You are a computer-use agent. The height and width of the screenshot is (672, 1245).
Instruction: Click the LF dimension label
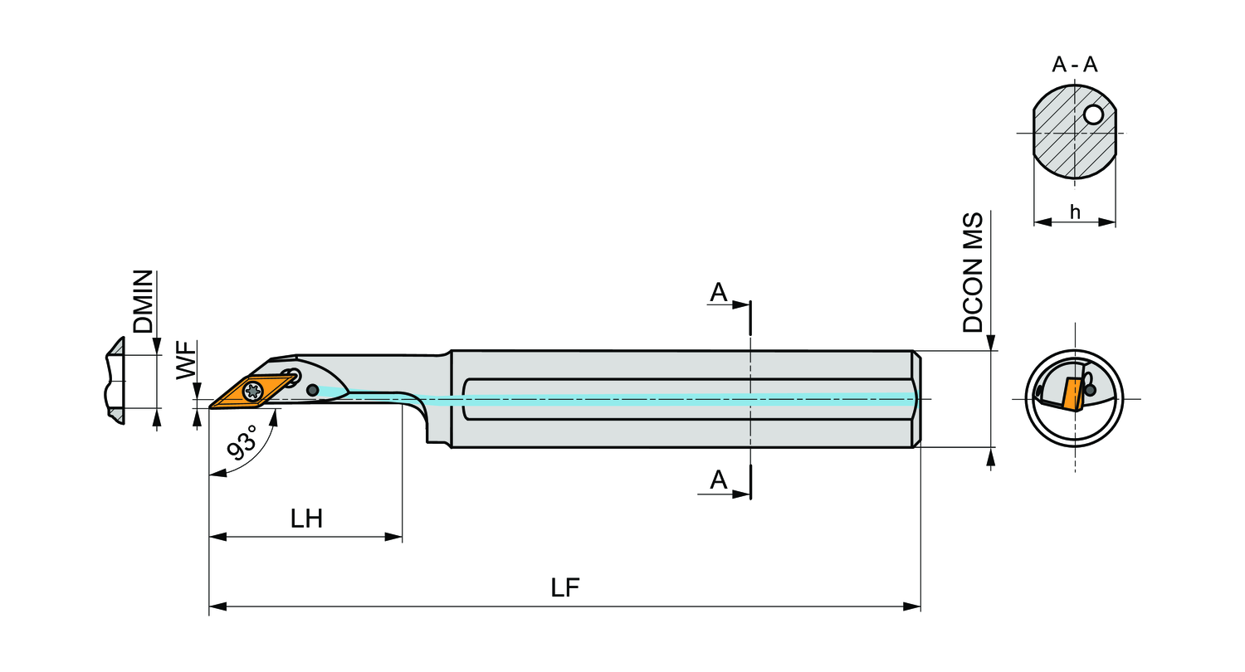tap(565, 587)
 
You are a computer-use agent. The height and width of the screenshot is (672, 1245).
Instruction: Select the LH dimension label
tap(306, 519)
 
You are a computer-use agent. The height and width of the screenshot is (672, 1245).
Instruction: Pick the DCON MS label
tap(973, 273)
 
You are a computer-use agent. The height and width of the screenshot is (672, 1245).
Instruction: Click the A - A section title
tap(1075, 65)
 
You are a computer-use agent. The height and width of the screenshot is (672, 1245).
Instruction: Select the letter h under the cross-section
tap(1075, 212)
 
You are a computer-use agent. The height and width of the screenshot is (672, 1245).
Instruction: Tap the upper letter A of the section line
tap(719, 292)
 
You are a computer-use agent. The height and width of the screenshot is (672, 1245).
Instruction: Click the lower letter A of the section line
tap(719, 480)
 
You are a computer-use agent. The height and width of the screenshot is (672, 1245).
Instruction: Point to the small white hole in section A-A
tap(1094, 115)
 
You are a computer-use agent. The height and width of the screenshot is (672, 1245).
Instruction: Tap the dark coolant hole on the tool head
tap(312, 390)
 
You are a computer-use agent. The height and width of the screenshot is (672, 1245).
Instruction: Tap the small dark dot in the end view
tap(1090, 390)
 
